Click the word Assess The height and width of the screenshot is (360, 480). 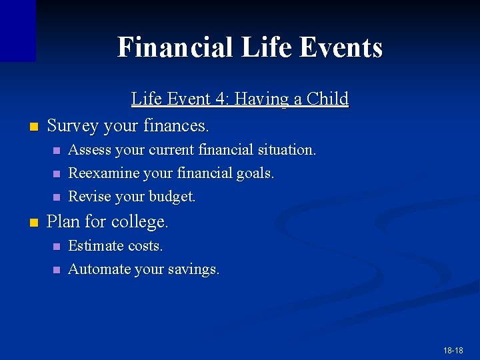90,150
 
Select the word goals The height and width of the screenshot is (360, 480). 254,173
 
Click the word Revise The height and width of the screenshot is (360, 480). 89,197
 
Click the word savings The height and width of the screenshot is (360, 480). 193,270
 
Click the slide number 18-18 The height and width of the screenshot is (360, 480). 453,350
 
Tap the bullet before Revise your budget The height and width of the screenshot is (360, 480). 56,197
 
